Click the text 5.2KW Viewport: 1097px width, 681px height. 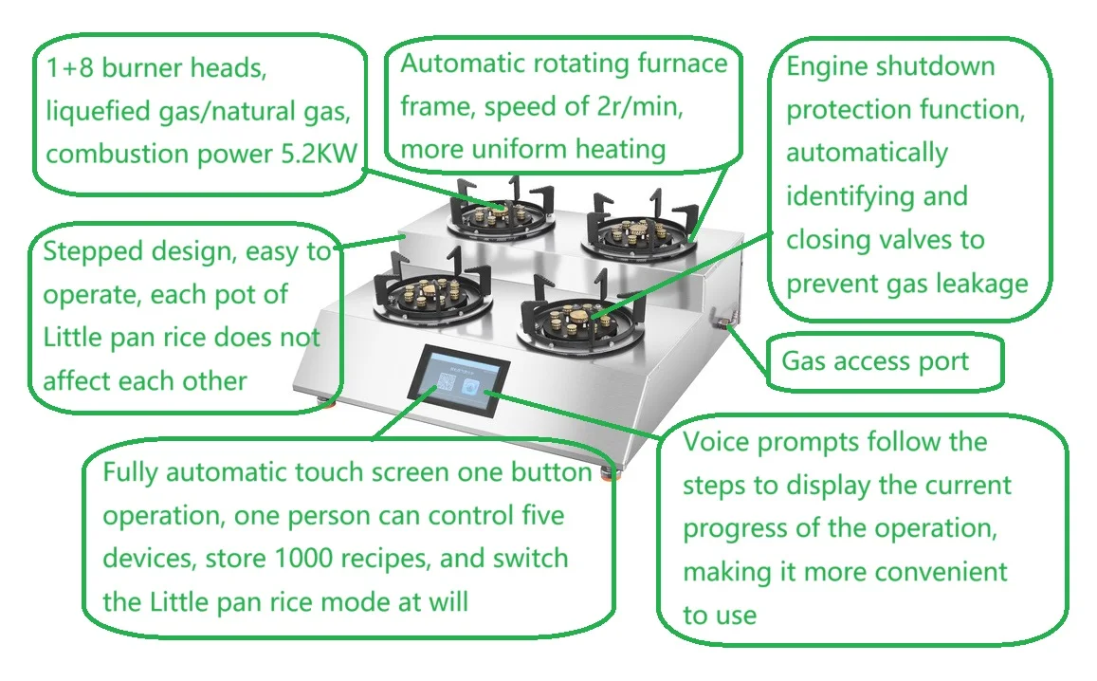click(318, 155)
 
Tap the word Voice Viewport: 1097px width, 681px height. click(717, 442)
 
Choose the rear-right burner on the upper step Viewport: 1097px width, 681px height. click(637, 232)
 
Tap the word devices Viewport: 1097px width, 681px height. click(146, 558)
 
